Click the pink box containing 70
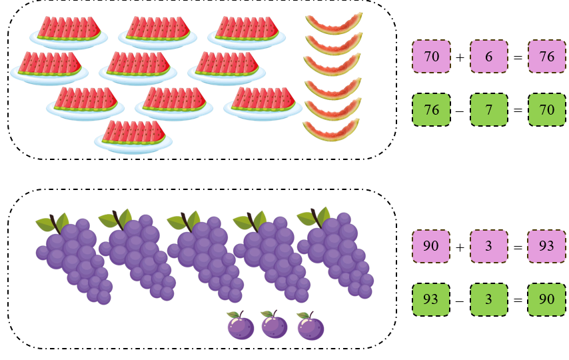pos(431,57)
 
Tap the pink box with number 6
pos(489,57)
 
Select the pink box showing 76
pos(546,57)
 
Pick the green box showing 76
pos(431,110)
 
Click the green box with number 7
pos(489,110)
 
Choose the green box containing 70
pos(546,110)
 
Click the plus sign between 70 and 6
pos(460,57)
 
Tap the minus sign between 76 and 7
pos(460,111)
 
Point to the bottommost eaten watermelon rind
pos(332,131)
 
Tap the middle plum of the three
pos(274,325)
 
